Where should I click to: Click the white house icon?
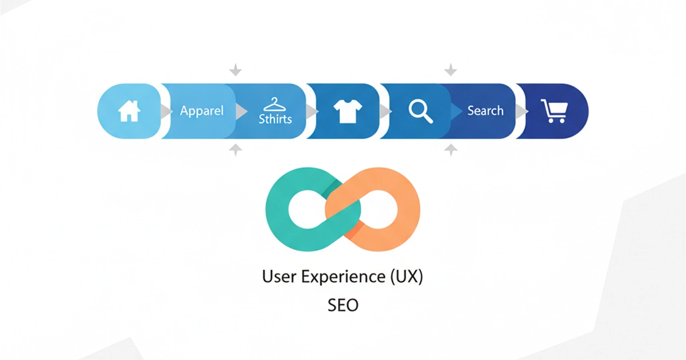click(x=129, y=111)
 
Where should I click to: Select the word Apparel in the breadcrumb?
click(x=202, y=110)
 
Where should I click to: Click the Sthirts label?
click(x=275, y=119)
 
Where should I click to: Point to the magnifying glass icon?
click(x=421, y=111)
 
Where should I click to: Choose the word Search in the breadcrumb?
click(x=485, y=110)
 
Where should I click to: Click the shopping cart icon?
click(x=553, y=111)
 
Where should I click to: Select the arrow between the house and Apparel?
click(x=166, y=111)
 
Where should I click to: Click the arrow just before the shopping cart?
click(x=522, y=111)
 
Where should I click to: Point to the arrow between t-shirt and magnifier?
click(x=385, y=111)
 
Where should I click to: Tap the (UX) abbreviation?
click(x=406, y=277)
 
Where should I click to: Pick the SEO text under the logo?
click(x=343, y=305)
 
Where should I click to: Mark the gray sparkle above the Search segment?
click(x=451, y=70)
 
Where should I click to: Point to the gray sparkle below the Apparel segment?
click(x=235, y=150)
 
